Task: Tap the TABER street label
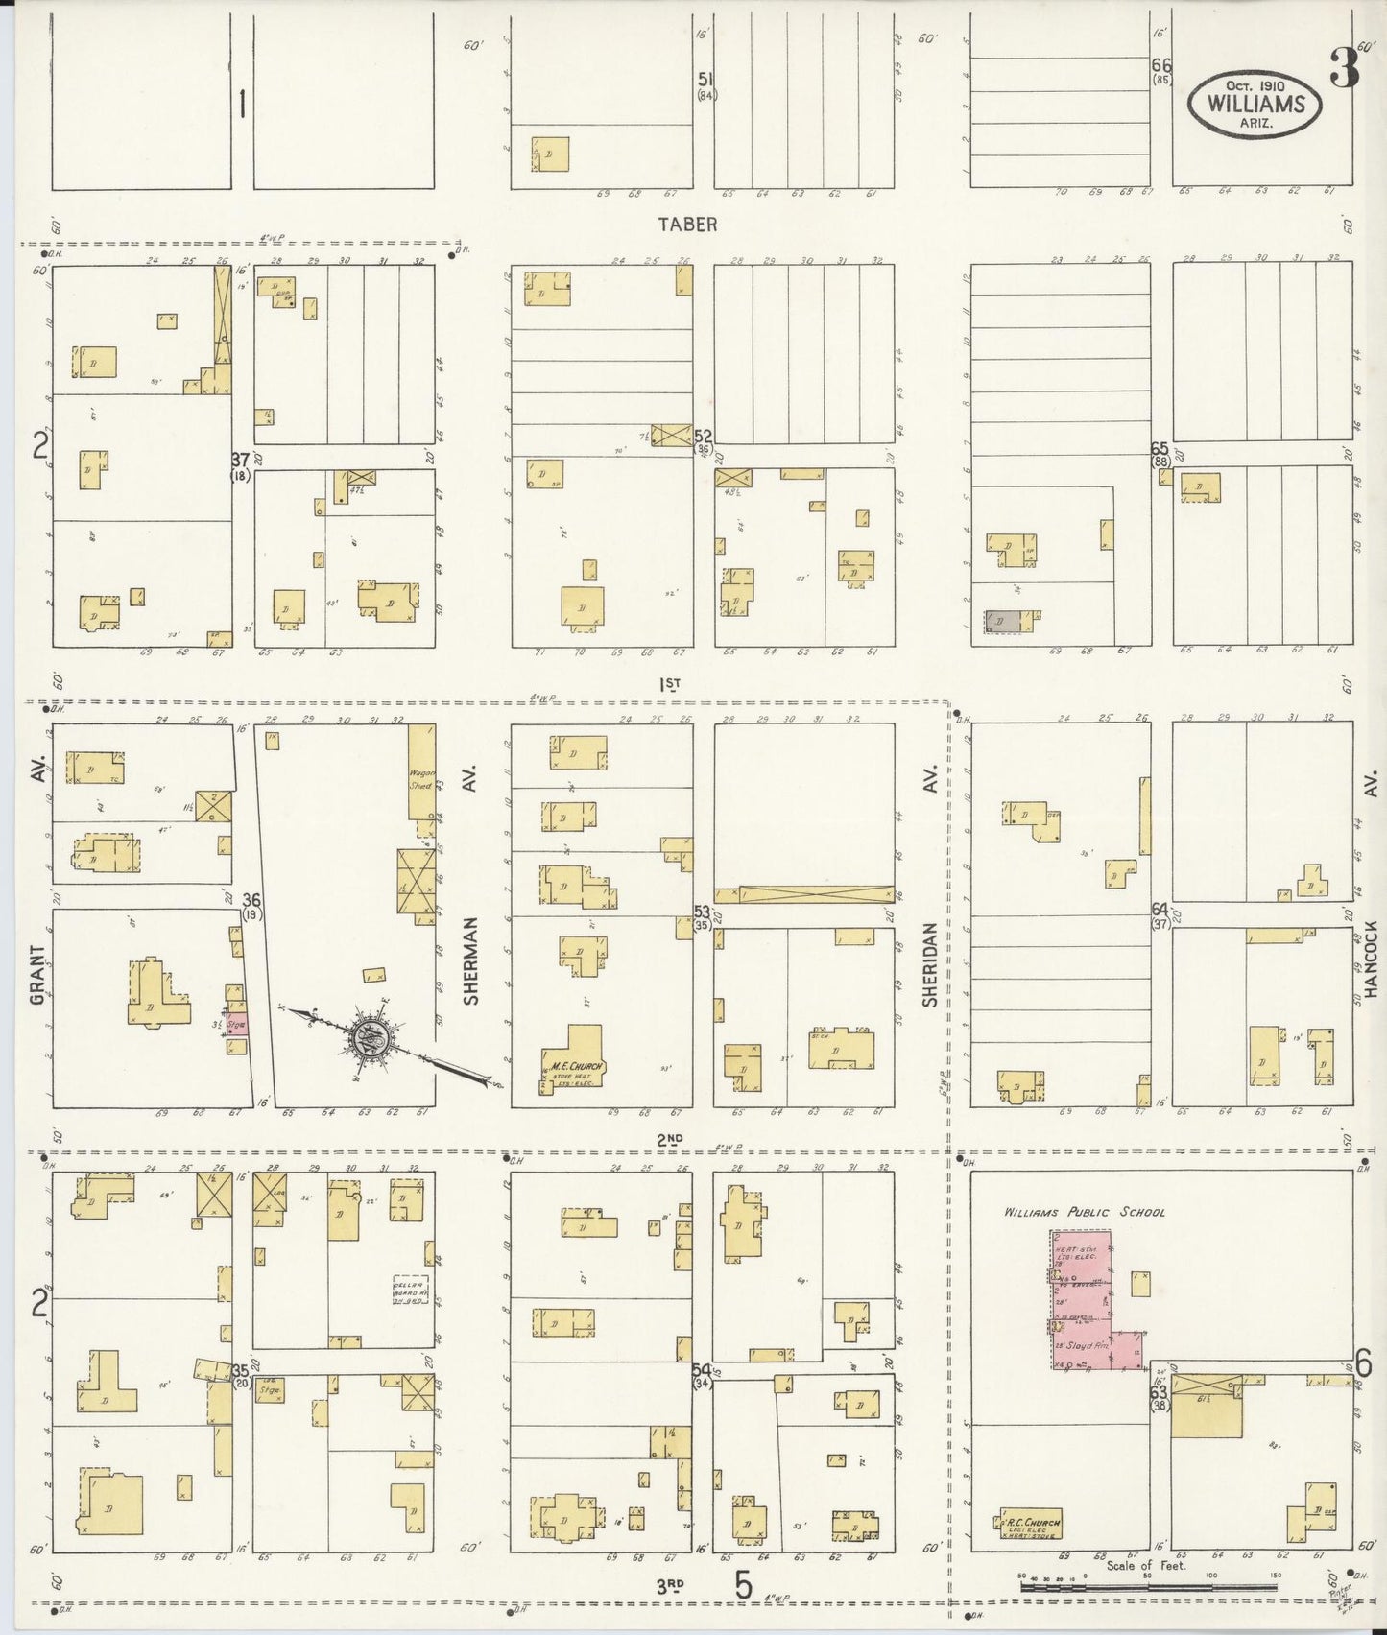687,224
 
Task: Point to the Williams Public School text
1085,1212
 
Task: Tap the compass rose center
369,1038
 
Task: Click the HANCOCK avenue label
1371,959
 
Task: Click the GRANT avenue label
37,974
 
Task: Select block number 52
704,437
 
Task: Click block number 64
1160,909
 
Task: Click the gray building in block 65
1002,621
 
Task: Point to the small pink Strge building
236,1024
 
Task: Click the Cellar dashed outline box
410,1291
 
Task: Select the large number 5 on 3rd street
744,1583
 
